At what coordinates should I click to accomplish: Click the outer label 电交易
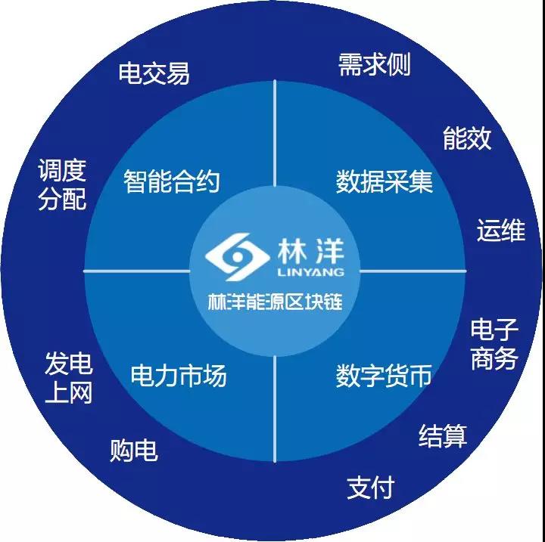pyautogui.click(x=154, y=73)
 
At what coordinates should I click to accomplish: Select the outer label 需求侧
pyautogui.click(x=375, y=64)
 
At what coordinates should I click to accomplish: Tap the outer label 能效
pyautogui.click(x=467, y=138)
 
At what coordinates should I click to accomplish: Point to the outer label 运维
pyautogui.click(x=501, y=231)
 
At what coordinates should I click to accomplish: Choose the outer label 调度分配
pyautogui.click(x=62, y=184)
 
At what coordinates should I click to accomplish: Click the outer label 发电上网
pyautogui.click(x=68, y=377)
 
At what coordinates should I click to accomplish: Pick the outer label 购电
pyautogui.click(x=134, y=451)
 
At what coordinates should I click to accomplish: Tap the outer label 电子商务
pyautogui.click(x=494, y=345)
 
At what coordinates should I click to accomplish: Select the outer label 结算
pyautogui.click(x=443, y=435)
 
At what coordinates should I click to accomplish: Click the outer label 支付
pyautogui.click(x=371, y=488)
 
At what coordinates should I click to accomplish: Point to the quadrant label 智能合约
pyautogui.click(x=172, y=181)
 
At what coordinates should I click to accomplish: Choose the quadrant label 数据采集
pyautogui.click(x=385, y=181)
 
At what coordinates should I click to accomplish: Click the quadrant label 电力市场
pyautogui.click(x=179, y=376)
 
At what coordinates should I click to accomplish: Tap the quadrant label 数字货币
pyautogui.click(x=384, y=376)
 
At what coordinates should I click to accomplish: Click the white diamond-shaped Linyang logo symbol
pyautogui.click(x=238, y=256)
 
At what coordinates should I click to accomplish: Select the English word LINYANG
pyautogui.click(x=311, y=272)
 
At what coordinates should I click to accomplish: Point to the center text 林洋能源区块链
pyautogui.click(x=276, y=302)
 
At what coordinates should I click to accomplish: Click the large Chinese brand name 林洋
pyautogui.click(x=311, y=252)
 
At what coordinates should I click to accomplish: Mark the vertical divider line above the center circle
pyautogui.click(x=275, y=133)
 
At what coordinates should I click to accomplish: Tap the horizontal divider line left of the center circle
pyautogui.click(x=137, y=271)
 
